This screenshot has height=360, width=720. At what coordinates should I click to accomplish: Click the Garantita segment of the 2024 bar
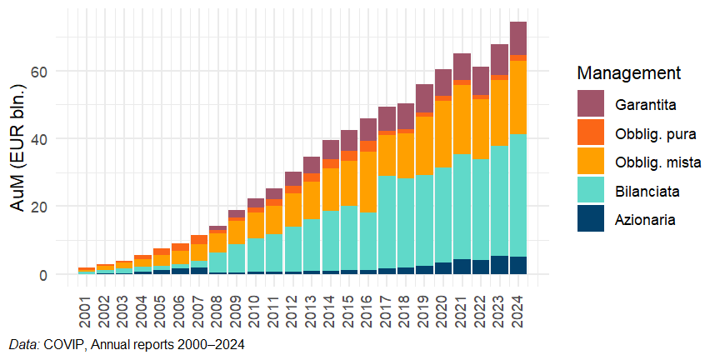coord(518,38)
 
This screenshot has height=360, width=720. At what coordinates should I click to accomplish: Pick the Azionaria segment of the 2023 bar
coord(499,265)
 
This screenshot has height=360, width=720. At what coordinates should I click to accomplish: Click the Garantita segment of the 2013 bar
coord(312,165)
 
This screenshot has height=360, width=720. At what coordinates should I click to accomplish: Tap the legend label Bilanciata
coord(648,191)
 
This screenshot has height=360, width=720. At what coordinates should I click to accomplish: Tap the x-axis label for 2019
coord(424,305)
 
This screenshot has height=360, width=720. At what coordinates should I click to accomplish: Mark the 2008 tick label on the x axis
coord(217,305)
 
